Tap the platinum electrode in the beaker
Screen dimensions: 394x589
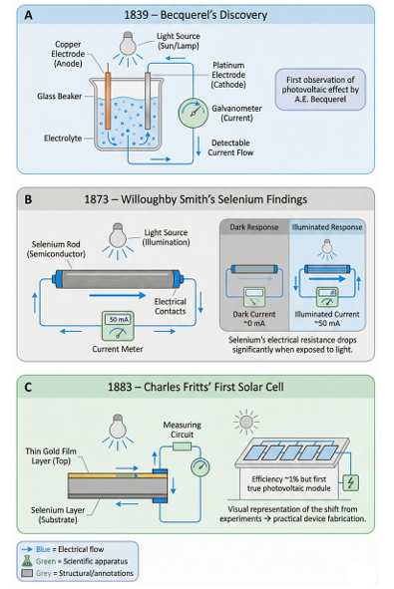point(148,101)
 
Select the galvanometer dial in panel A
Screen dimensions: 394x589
point(193,113)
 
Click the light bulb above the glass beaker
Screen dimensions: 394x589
point(128,44)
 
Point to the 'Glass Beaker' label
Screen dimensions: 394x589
point(60,96)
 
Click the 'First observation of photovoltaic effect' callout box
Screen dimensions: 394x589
point(320,90)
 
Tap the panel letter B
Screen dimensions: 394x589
point(28,199)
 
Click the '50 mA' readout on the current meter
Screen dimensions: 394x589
point(119,320)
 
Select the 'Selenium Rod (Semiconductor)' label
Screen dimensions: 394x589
point(56,249)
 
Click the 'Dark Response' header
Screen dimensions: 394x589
point(254,227)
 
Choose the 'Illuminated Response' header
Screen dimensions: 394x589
point(327,227)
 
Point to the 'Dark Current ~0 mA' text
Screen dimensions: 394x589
point(254,319)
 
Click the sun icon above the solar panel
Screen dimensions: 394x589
point(246,422)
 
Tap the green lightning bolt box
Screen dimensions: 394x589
point(350,482)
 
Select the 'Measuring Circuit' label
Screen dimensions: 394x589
point(182,430)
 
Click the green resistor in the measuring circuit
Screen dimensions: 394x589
point(182,446)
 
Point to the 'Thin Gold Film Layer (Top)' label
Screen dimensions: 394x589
point(51,456)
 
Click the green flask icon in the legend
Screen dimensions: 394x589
point(27,561)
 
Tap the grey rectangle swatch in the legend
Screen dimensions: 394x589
point(27,573)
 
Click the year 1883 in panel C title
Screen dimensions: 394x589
point(120,387)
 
